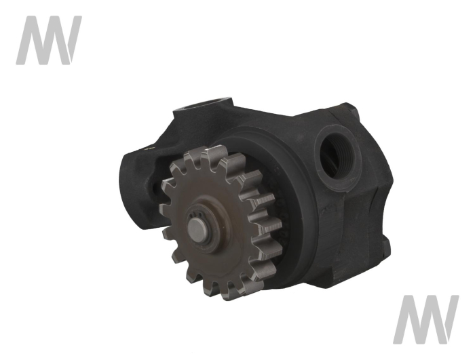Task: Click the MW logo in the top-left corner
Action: (48, 40)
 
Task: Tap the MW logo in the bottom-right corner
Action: (425, 319)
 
